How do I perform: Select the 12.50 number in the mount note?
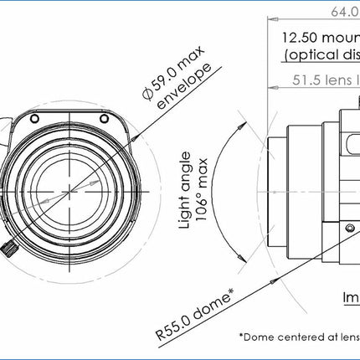point(300,38)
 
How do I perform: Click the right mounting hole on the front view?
point(104,121)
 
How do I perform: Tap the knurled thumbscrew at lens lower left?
point(9,249)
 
